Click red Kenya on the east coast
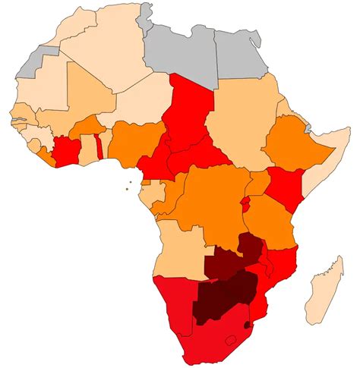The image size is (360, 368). tap(286, 186)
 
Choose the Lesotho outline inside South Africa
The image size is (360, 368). tap(232, 338)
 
